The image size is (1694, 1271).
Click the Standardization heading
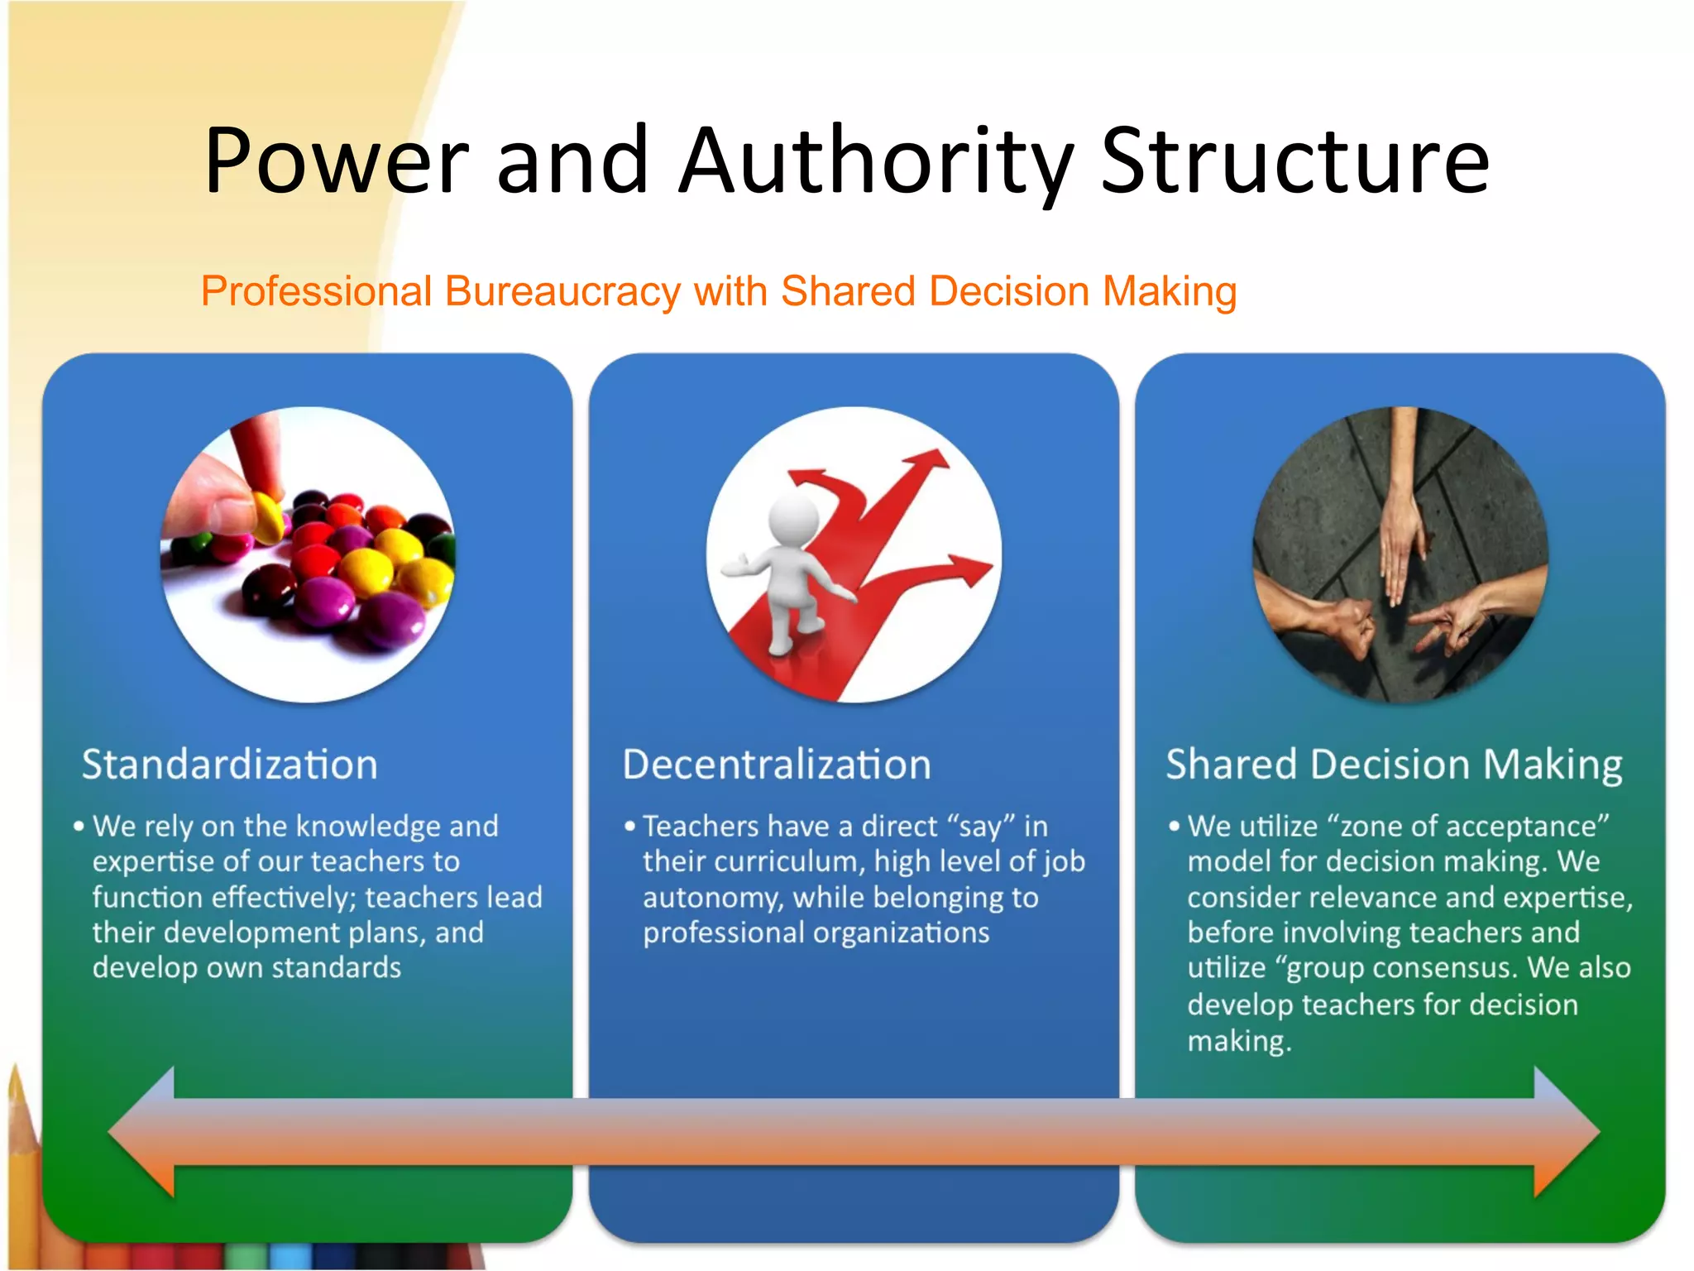point(229,764)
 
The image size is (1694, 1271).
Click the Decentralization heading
point(776,764)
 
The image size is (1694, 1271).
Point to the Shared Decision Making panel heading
point(1394,764)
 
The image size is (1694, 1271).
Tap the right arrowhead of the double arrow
point(1566,1132)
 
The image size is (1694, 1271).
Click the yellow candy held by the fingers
point(266,515)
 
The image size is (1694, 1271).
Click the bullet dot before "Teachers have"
point(630,826)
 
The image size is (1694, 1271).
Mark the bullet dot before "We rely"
point(79,826)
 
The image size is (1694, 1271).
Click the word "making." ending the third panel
point(1238,1040)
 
